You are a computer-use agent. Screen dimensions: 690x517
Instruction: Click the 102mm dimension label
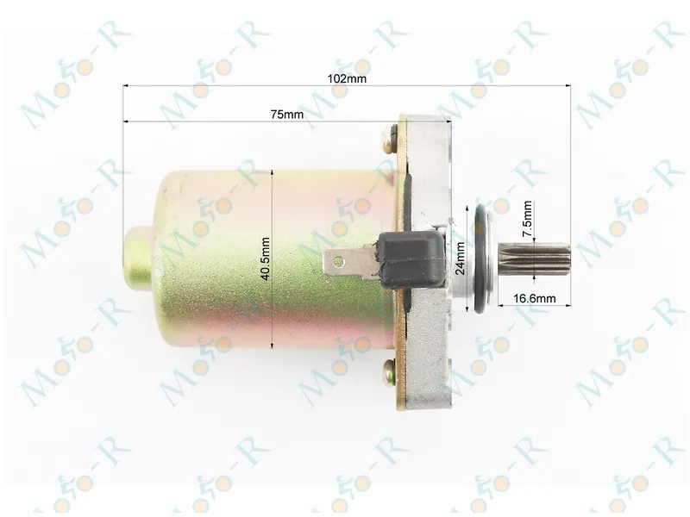tap(347, 78)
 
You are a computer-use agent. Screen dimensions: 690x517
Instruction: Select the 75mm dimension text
tap(287, 115)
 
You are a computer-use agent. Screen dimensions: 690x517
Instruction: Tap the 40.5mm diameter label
tap(265, 259)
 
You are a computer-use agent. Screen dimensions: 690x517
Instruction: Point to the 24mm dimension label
tap(461, 258)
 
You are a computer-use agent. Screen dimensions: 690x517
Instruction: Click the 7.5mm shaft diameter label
tap(527, 219)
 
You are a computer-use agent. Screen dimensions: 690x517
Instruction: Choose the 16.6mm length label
tap(534, 298)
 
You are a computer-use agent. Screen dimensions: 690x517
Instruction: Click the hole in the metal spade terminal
tap(338, 263)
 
